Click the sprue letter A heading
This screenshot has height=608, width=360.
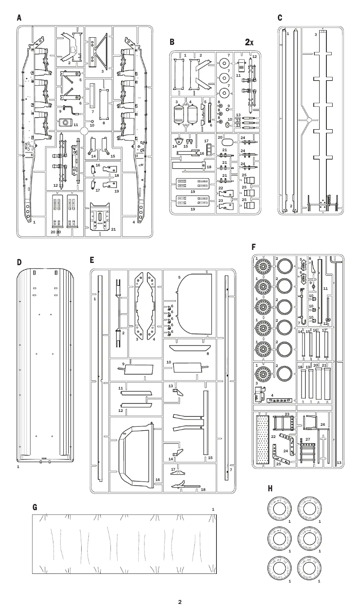coord(19,17)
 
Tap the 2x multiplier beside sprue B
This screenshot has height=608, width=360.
coord(249,42)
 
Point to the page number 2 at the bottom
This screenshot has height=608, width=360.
coord(180,602)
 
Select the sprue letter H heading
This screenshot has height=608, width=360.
coord(270,488)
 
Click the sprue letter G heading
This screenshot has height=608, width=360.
coord(35,507)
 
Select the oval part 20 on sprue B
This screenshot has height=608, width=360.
coord(228,142)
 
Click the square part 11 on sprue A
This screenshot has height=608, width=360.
coord(66,123)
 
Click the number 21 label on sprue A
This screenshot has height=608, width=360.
coord(113,229)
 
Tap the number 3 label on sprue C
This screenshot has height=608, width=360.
coord(316,34)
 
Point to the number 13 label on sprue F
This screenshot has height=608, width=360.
coord(338,463)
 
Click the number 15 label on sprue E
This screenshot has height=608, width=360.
coord(210,458)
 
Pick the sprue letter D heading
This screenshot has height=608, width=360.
coord(19,262)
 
